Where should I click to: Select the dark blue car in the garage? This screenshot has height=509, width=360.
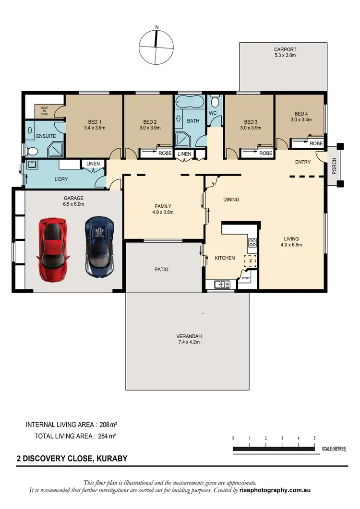99,247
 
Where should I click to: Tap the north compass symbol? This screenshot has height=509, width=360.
156,47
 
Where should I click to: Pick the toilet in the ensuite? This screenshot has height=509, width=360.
32,151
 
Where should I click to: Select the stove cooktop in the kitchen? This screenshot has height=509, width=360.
252,243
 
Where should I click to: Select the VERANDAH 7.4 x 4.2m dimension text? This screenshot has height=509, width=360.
187,343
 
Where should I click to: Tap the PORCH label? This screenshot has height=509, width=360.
334,166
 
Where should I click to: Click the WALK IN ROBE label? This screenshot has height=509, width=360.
44,111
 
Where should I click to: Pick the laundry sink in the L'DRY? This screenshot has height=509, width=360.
32,165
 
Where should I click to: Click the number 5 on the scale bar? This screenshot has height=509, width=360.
314,438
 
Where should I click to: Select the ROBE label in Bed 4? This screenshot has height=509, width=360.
316,143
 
